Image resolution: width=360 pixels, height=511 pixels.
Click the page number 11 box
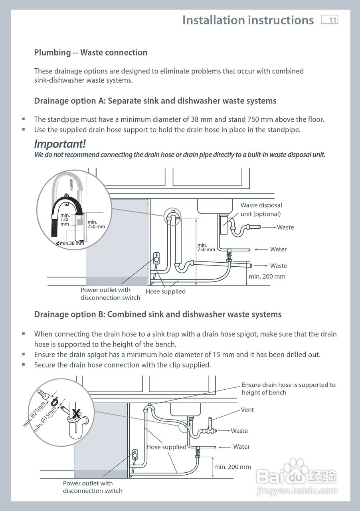click(x=330, y=20)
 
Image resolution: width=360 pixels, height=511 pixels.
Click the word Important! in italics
click(x=60, y=144)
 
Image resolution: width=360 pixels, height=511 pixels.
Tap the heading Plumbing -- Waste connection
click(x=91, y=53)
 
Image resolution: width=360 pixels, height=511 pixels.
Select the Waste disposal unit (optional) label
click(x=261, y=210)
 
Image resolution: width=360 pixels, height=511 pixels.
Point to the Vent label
click(x=247, y=410)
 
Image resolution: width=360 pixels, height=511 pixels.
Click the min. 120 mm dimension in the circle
click(x=65, y=220)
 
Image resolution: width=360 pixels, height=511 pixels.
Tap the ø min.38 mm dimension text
click(x=70, y=243)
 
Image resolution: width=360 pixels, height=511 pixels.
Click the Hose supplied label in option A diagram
click(x=165, y=291)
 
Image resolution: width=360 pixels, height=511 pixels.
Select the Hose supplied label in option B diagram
click(x=166, y=447)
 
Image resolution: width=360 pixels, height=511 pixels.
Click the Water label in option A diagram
click(x=278, y=250)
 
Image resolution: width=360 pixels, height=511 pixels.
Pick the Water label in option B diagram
click(x=241, y=447)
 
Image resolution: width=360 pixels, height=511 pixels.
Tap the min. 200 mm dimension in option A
click(x=267, y=276)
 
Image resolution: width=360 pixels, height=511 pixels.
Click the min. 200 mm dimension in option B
click(x=233, y=467)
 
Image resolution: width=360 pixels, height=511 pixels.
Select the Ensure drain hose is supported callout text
click(x=289, y=388)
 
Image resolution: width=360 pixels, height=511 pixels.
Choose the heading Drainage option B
click(x=158, y=315)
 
